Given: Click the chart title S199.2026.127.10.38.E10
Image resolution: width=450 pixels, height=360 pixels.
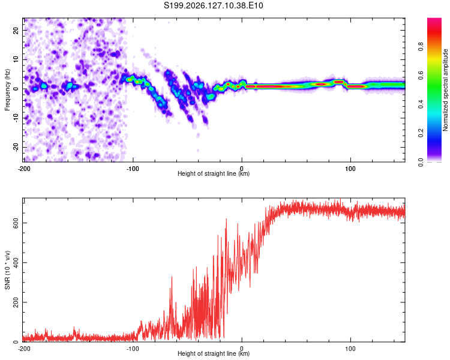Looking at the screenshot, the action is tap(213, 5).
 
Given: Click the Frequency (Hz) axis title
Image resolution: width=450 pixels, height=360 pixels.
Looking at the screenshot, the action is tap(7, 89).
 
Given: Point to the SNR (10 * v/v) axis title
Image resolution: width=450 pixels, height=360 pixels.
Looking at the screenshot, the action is tap(7, 270).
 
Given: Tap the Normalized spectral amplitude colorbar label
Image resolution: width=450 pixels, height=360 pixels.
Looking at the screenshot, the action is tap(445, 90).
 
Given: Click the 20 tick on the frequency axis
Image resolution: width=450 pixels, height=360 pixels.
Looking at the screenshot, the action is tap(16, 30).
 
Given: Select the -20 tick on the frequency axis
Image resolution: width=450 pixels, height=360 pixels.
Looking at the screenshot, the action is tap(16, 147).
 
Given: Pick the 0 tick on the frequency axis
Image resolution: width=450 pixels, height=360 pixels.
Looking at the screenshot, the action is tap(16, 89).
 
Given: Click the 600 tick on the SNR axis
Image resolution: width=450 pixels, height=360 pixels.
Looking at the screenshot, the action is tap(16, 223).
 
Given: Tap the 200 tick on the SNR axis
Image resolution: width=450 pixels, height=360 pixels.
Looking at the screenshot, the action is tap(16, 302).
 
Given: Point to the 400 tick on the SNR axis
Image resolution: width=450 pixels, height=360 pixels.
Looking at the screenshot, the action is tap(16, 263).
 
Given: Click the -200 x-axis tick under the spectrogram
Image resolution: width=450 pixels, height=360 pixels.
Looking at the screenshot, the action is tap(24, 169).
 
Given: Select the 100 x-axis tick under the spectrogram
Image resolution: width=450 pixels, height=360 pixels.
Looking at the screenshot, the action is tap(350, 169).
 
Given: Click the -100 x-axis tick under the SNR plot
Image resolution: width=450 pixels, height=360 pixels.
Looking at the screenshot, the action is tap(133, 349).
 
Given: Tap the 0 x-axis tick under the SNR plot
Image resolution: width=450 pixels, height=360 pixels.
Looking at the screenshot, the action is tap(242, 349).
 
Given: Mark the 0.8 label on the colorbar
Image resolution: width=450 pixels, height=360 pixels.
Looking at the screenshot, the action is tap(421, 46).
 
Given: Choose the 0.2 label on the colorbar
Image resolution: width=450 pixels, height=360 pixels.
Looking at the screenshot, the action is tap(421, 133).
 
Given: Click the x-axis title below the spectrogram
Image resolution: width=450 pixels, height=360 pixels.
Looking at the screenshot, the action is tap(214, 173).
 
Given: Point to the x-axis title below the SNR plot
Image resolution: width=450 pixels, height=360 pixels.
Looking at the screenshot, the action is tap(214, 353).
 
